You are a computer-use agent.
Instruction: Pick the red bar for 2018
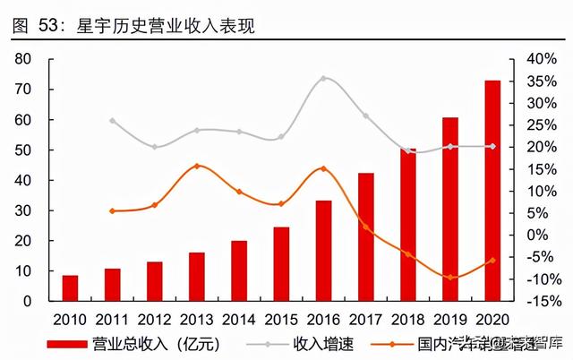tap(408, 224)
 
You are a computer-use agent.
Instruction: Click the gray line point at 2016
tap(323, 78)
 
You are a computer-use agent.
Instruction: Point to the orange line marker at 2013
tap(197, 166)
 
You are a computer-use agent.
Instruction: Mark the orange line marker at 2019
tap(450, 278)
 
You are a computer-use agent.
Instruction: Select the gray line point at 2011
tap(112, 120)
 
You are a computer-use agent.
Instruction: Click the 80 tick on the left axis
tap(24, 59)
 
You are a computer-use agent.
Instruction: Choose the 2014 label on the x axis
tap(239, 318)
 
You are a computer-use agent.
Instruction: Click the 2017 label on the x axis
tap(365, 318)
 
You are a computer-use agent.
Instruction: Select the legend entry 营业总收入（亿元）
tap(143, 343)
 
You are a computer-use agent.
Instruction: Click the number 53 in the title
tap(52, 27)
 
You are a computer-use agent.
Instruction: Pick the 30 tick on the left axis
tap(24, 210)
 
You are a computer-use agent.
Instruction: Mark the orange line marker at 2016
tap(323, 168)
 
